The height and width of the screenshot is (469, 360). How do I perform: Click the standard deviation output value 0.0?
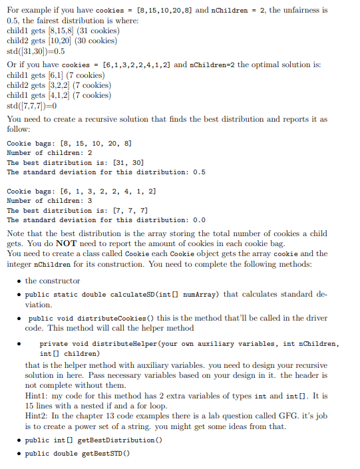199,220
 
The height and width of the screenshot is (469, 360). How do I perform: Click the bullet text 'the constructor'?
53,281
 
